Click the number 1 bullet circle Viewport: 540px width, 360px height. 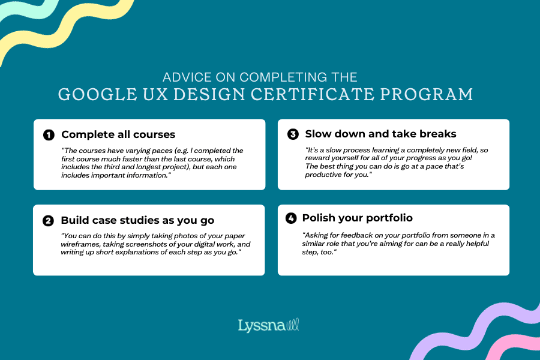49,135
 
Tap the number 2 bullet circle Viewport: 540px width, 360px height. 48,221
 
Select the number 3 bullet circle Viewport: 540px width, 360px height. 293,134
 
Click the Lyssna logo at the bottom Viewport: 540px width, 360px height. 269,326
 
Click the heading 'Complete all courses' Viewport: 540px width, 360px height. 118,134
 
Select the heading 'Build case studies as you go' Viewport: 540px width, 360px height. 137,220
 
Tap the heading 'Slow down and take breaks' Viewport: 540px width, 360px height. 380,134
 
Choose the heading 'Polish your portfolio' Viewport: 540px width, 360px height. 357,218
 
